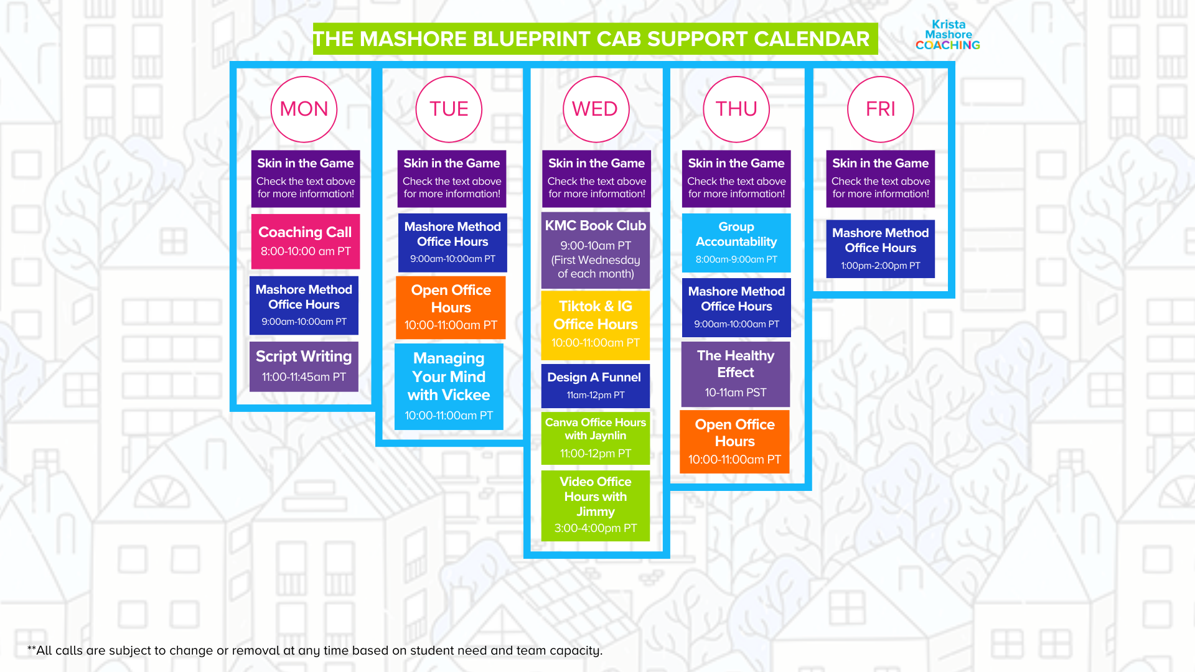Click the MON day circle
(x=304, y=110)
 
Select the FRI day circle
(x=880, y=110)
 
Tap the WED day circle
(x=596, y=110)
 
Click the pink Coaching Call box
(x=305, y=241)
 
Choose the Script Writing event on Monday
(x=304, y=366)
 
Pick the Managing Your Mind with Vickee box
(x=449, y=386)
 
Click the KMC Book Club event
(x=596, y=250)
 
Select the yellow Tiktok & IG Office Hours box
(x=596, y=325)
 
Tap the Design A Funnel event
(x=595, y=385)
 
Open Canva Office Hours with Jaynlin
(x=596, y=438)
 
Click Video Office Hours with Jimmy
(x=596, y=505)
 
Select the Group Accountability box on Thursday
(x=736, y=243)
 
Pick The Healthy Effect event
(x=736, y=373)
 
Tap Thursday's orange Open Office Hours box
(x=734, y=442)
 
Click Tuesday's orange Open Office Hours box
(x=451, y=307)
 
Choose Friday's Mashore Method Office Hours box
(x=880, y=249)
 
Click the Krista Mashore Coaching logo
(x=947, y=35)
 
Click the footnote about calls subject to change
(x=315, y=650)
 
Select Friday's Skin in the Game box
(x=880, y=178)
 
